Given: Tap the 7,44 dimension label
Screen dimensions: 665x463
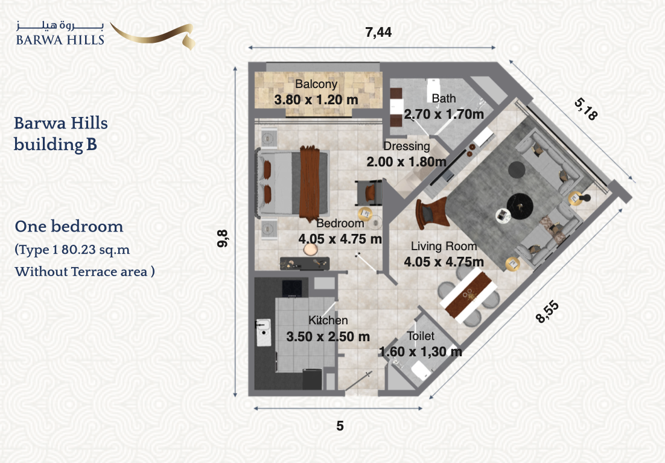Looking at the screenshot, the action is pos(378,32).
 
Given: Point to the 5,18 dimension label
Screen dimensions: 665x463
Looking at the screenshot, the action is pos(586,109).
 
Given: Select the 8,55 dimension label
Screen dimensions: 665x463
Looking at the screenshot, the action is pos(547,312).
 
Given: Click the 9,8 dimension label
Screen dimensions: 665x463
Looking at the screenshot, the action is pos(223,239).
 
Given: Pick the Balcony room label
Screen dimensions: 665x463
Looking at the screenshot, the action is pos(316,84).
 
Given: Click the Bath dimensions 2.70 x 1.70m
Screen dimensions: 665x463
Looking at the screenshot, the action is pos(444,114).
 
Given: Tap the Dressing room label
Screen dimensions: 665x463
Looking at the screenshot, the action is pos(406,146).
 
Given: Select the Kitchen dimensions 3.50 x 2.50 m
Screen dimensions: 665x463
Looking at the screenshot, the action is pos(328,336).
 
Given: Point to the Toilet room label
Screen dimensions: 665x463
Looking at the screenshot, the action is pos(420,336).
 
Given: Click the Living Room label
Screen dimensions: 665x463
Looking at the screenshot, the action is pos(444,246).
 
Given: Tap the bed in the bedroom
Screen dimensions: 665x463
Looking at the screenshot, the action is pos(292,183).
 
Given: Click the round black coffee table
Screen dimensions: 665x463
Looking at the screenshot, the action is pos(520,206).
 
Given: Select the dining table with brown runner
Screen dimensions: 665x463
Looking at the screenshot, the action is pos(468,295).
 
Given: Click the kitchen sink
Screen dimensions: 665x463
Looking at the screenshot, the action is pos(263,333).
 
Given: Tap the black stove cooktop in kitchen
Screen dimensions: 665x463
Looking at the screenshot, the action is pos(292,289).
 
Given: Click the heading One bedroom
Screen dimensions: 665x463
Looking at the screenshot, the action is pos(69,226).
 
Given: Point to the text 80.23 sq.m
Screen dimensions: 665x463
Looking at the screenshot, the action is pos(95,250).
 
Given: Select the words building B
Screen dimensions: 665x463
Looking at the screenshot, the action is pos(55,144).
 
